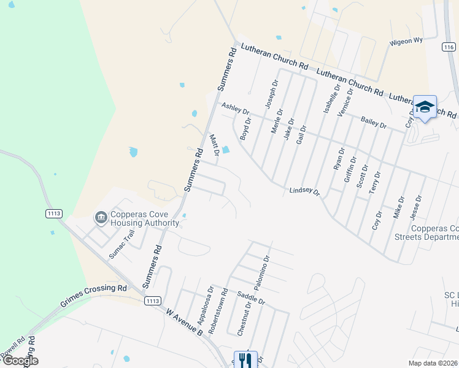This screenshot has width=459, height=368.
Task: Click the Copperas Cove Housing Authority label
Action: click(145, 219)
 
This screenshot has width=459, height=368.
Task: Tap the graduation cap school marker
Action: click(425, 108)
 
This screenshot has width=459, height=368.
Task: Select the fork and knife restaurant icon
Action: click(245, 359)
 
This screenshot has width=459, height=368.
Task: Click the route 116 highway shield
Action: click(449, 47)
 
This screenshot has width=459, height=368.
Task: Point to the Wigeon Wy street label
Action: click(406, 41)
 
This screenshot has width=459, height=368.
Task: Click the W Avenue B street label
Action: click(183, 321)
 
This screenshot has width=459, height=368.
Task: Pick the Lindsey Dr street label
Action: click(305, 192)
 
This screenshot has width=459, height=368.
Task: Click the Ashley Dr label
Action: click(236, 109)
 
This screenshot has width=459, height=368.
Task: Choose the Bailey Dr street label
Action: click(374, 122)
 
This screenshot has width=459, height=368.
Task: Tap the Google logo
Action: click(20, 361)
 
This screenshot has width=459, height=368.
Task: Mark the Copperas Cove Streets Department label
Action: click(434, 232)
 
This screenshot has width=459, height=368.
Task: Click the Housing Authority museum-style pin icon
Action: click(100, 218)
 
